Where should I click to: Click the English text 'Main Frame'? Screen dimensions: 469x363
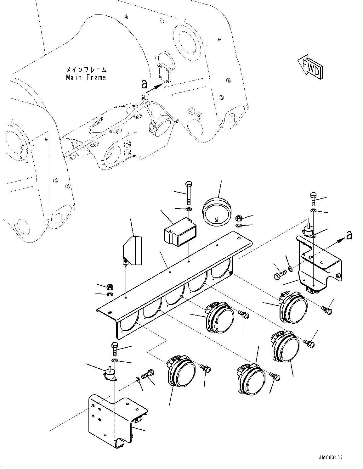tap(86, 77)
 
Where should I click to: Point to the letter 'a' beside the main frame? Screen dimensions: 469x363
tap(144, 84)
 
